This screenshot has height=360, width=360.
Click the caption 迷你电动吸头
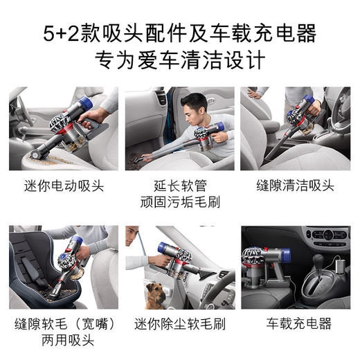point(63,186)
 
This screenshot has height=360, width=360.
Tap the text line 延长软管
point(179,186)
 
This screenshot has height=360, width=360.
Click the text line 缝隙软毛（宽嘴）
point(63,324)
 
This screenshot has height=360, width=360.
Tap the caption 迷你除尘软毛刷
point(179,324)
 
